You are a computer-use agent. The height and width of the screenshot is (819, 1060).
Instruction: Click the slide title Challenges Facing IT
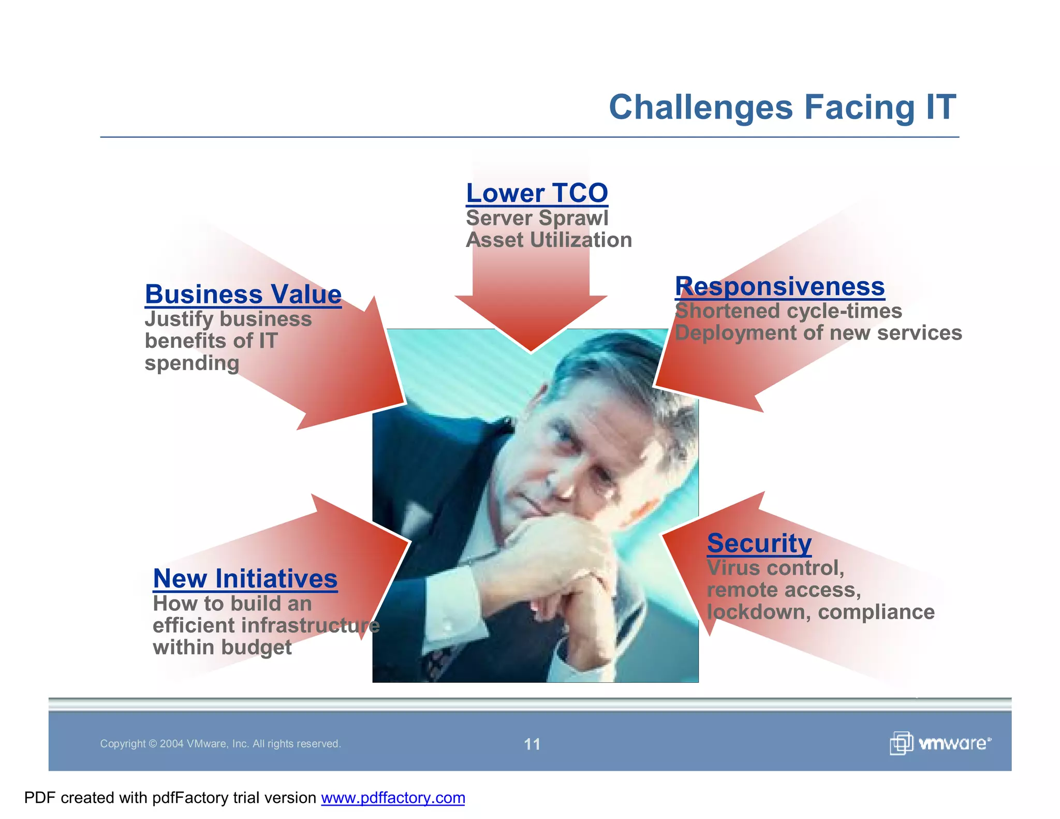tap(782, 107)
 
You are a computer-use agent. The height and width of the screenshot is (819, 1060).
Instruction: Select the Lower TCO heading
tap(537, 193)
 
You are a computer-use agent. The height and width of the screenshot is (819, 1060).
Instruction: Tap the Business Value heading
tap(243, 294)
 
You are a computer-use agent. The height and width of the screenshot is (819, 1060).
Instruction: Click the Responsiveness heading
tap(779, 286)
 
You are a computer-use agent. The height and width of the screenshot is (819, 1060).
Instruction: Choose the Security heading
tap(759, 543)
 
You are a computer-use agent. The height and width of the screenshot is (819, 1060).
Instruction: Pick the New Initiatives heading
tap(245, 578)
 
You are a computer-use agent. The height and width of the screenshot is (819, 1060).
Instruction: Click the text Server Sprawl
tap(537, 218)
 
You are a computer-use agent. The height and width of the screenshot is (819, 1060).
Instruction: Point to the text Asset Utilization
tap(549, 240)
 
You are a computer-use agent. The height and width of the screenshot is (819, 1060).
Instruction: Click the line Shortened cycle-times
tap(788, 311)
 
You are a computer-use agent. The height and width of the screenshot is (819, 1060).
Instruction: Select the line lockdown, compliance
tap(820, 612)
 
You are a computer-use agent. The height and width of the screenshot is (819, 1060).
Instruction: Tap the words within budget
tap(222, 647)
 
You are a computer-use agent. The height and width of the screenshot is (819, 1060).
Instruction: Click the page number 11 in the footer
tap(532, 744)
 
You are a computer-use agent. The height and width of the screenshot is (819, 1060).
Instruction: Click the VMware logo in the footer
tap(940, 743)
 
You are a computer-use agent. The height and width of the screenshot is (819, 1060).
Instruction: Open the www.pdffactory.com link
tap(393, 798)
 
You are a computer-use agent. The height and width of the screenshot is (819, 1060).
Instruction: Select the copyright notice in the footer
tap(220, 744)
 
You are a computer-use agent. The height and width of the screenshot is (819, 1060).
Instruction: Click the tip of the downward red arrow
tap(531, 350)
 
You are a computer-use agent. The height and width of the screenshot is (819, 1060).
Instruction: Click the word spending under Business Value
tap(192, 363)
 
